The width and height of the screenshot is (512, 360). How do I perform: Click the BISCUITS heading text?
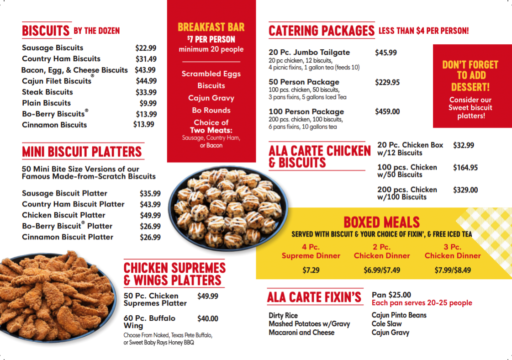coord(46,31)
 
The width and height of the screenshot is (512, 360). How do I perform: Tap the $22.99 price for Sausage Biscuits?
coord(146,48)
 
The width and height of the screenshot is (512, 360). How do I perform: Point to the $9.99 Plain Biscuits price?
coord(148,103)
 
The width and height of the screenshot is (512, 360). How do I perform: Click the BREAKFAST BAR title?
coord(211,27)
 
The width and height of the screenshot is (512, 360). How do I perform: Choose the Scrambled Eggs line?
coord(211,74)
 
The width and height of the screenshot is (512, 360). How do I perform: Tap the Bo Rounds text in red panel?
coord(211,110)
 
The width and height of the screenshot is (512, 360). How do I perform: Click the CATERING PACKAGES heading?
coord(321,31)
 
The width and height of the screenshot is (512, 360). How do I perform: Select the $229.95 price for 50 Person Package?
coord(387,82)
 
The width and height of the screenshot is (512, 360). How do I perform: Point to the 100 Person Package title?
coord(306,111)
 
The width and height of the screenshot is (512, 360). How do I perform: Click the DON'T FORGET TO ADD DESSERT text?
coord(470,75)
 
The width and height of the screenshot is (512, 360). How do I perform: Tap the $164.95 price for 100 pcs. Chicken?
coord(465,168)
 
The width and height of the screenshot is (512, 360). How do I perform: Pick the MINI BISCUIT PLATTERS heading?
coord(82,151)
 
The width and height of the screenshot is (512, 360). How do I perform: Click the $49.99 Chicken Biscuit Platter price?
coord(150,215)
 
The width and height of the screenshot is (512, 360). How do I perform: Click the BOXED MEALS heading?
coord(381,222)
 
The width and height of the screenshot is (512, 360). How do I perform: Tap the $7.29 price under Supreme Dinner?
coord(311,270)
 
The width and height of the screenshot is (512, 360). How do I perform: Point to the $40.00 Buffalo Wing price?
coord(207,318)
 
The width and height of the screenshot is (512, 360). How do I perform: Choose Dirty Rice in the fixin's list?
coord(283,315)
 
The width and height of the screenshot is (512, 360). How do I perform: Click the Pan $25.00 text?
coord(391,295)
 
